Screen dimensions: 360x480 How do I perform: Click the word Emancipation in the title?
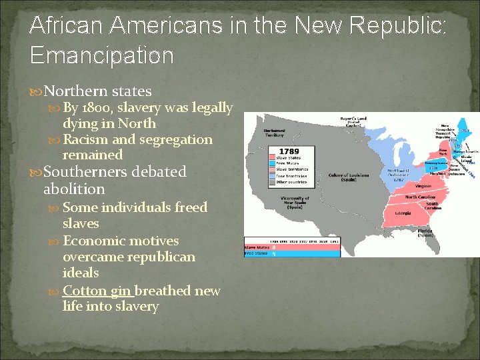[101, 55]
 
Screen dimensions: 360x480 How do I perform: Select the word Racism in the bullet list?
[85, 139]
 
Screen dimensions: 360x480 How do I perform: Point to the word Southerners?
[86, 171]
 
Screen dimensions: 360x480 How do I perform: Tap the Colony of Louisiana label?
[349, 178]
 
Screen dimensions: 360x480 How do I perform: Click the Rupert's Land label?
[353, 121]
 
